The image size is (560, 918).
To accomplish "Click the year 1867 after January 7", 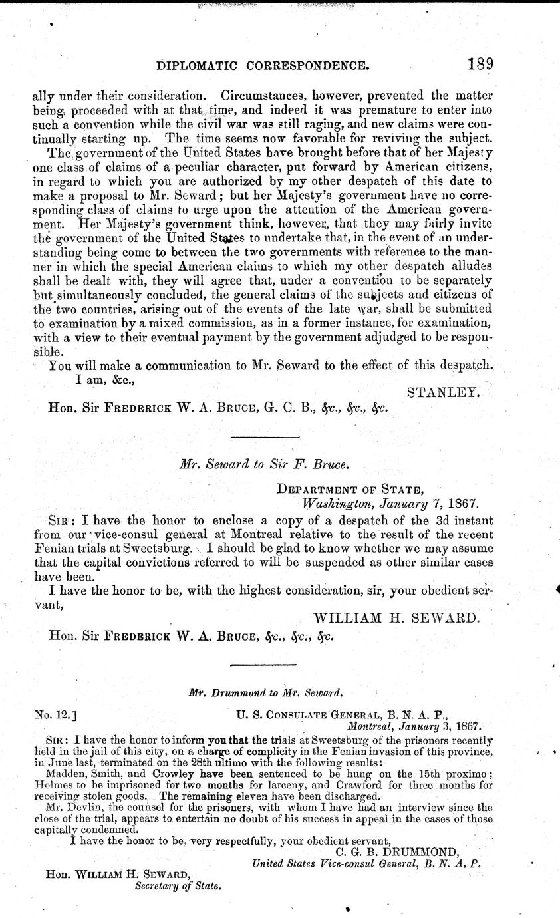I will click(x=464, y=504).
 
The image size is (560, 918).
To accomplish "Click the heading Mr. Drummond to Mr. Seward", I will click(x=265, y=692).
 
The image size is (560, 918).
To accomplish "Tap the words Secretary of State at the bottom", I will click(x=178, y=886).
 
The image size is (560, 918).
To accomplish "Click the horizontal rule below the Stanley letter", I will click(x=264, y=437).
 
